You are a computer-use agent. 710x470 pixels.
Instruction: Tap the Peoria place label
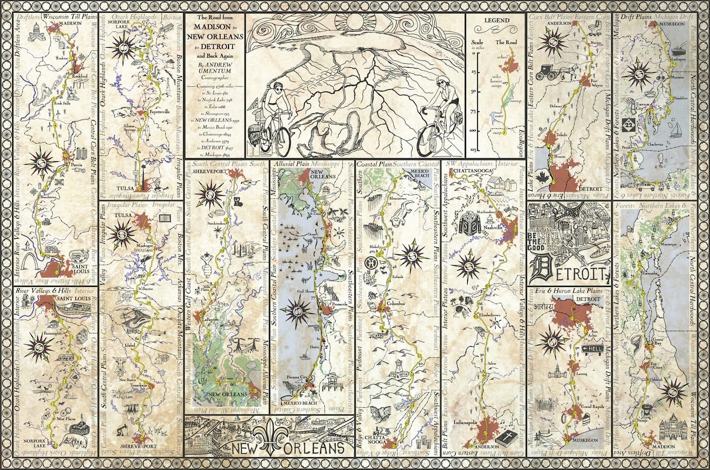77,165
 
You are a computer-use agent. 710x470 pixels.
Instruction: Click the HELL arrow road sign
594,348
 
